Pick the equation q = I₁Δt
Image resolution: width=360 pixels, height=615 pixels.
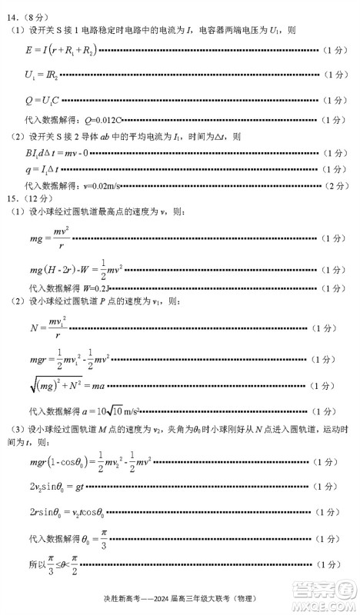tap(43, 168)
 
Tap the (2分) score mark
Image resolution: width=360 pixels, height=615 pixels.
tap(336, 185)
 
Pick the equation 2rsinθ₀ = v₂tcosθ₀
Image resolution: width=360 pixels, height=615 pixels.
tap(66, 510)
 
